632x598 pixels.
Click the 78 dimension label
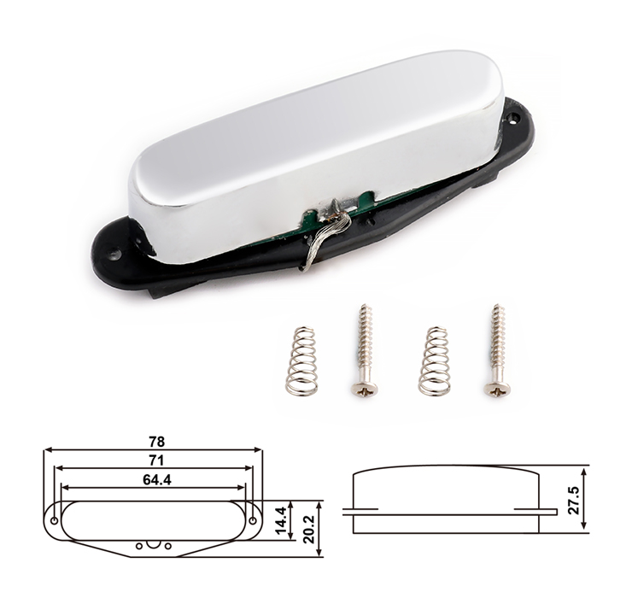pyautogui.click(x=157, y=442)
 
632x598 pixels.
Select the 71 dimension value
pyautogui.click(x=156, y=460)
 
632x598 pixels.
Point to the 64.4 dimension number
pyautogui.click(x=157, y=480)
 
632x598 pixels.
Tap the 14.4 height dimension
pyautogui.click(x=281, y=520)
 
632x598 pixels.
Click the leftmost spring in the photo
pyautogui.click(x=301, y=361)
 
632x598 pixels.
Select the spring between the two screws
pyautogui.click(x=435, y=361)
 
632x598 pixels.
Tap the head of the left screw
pyautogui.click(x=365, y=389)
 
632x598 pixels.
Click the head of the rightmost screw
pyautogui.click(x=496, y=389)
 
